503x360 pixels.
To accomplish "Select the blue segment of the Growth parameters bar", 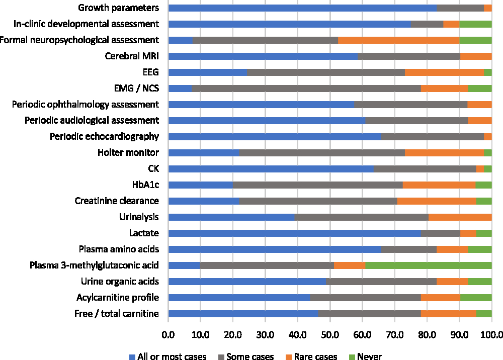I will [x=302, y=8].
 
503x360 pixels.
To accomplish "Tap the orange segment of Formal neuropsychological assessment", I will [x=398, y=40].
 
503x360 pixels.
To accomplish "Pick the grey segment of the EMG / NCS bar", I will [x=306, y=88].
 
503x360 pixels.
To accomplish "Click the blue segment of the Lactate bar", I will [x=294, y=233].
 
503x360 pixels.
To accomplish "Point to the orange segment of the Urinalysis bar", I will [x=460, y=217].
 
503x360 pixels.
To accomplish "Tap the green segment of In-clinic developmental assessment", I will [x=475, y=24].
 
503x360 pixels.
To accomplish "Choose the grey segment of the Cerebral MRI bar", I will [x=409, y=56].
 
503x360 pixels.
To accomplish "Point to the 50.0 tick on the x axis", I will [x=329, y=333].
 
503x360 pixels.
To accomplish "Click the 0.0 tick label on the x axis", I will [x=168, y=333].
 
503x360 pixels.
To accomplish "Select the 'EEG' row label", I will [x=151, y=72].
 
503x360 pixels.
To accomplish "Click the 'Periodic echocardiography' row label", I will [x=105, y=137].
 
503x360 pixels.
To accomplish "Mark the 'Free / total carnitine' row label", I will [x=118, y=314].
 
